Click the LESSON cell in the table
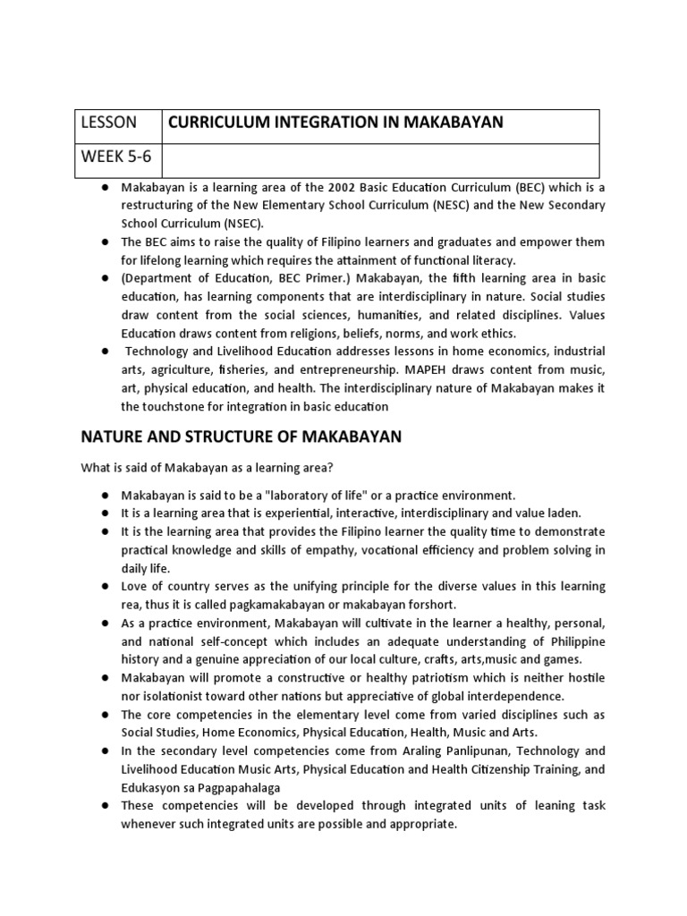[x=110, y=123]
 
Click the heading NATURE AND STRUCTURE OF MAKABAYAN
[x=242, y=437]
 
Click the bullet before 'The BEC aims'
[x=106, y=242]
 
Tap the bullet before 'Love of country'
[x=106, y=586]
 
